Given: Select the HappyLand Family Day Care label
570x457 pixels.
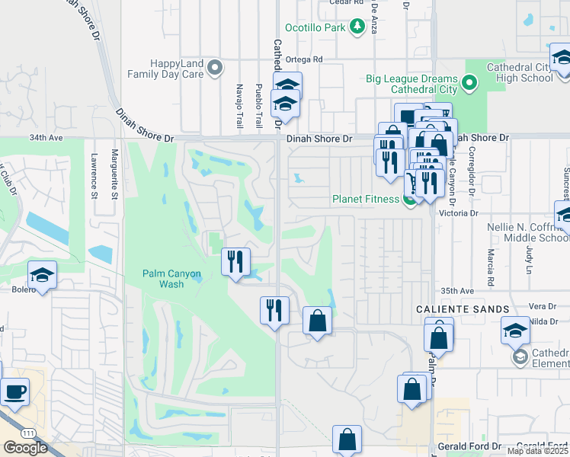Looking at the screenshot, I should click(166, 69).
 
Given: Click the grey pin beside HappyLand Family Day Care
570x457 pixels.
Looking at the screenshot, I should click(215, 69).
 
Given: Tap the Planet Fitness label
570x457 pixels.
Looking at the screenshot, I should click(366, 200).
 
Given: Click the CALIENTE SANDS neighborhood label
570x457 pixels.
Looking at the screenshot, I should click(463, 308).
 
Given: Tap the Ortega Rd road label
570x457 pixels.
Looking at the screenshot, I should click(305, 59).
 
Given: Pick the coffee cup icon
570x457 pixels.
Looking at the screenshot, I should click(14, 393).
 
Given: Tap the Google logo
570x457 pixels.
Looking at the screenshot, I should click(25, 448).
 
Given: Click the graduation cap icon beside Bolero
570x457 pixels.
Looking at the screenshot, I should click(43, 276).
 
